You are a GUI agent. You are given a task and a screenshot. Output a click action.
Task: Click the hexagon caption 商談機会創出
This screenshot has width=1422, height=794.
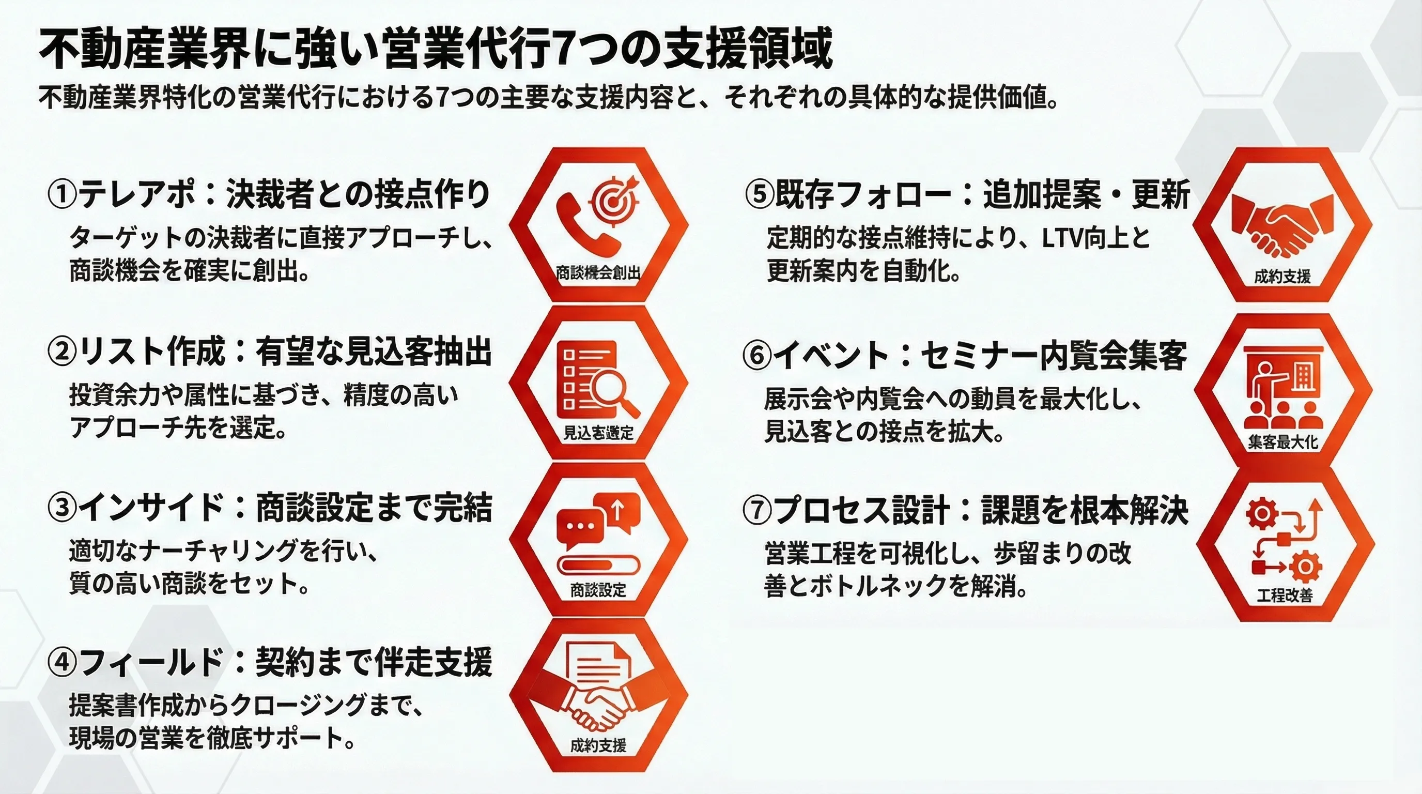tap(598, 273)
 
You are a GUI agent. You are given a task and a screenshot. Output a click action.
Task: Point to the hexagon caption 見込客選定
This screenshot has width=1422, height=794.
tap(598, 433)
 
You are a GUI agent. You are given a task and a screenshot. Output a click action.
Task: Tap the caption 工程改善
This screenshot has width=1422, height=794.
tap(1285, 595)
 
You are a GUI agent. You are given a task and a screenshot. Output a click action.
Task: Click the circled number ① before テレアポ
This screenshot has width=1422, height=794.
tap(63, 195)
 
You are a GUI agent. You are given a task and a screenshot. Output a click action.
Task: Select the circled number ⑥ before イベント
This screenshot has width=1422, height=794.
tap(757, 356)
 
